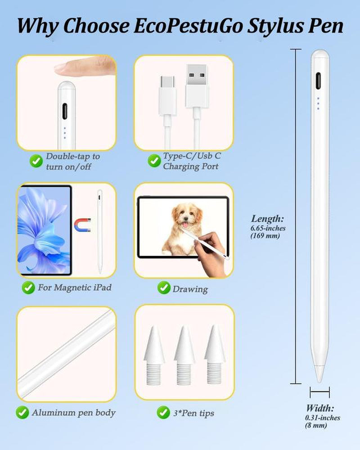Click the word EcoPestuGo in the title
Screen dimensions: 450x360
183,26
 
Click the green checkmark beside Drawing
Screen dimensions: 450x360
164,288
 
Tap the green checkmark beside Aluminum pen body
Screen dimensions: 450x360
22,412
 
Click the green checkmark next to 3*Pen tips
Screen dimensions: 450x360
163,412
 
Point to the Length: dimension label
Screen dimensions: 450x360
268,219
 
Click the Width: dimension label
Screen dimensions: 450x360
320,409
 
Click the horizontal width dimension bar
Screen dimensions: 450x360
319,392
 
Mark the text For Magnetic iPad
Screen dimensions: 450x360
75,287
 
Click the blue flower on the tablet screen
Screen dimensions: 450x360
43,229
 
